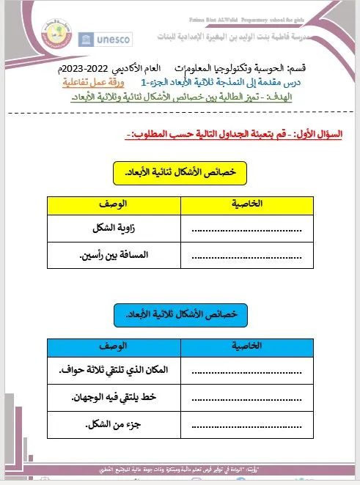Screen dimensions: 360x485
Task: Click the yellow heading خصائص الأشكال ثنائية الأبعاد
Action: click(x=180, y=173)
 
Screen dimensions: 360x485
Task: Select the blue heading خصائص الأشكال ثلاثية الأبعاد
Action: click(x=180, y=314)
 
